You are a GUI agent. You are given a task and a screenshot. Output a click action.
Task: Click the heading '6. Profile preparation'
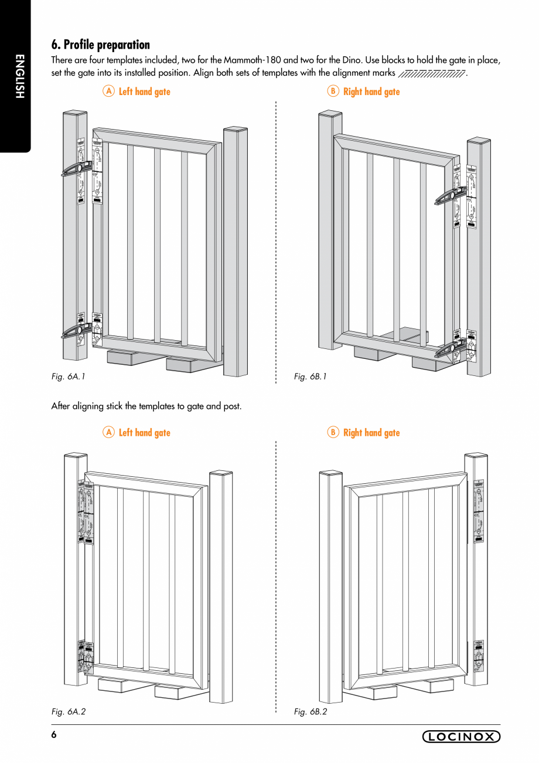click(100, 45)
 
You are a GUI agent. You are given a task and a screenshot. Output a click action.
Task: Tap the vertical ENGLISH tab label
click(19, 76)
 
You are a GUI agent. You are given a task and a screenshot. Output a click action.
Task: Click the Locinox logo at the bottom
click(461, 737)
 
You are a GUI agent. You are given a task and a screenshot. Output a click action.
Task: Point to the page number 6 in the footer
click(54, 735)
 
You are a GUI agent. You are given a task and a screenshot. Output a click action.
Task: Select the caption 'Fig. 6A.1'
click(69, 377)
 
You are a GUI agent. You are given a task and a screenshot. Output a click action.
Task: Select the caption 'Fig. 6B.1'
click(311, 377)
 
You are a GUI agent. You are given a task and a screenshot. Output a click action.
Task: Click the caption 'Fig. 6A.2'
click(69, 711)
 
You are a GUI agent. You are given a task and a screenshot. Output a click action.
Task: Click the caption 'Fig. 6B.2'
click(311, 711)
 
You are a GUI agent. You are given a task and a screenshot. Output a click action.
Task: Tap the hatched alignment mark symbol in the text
click(431, 74)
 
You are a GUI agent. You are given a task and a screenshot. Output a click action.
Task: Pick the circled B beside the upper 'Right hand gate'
click(333, 91)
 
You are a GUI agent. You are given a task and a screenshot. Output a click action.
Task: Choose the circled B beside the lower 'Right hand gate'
click(333, 432)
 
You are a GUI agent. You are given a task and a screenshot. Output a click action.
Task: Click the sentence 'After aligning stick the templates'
click(146, 406)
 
